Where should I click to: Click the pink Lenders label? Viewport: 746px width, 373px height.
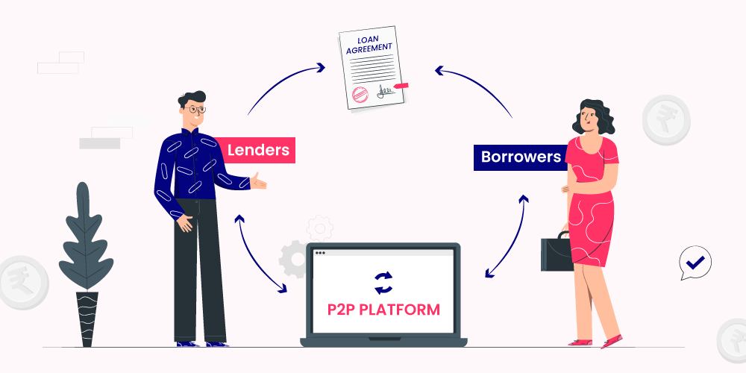(258, 150)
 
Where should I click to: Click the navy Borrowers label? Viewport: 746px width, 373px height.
(520, 157)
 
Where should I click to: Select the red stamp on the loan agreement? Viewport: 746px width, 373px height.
(360, 93)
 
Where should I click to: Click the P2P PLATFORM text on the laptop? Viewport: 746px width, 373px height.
(383, 309)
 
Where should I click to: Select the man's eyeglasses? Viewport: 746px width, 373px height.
(196, 109)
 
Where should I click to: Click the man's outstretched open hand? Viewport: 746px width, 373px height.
(258, 181)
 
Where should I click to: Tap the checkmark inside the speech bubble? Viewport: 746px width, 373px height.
(696, 262)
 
